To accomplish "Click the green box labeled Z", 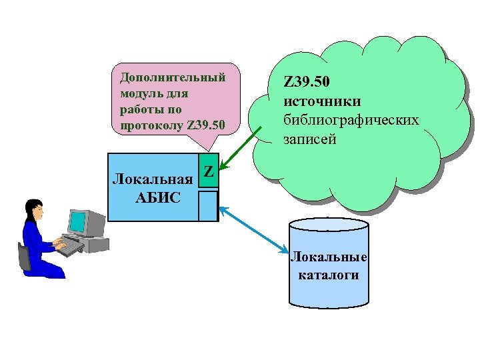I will (x=209, y=172).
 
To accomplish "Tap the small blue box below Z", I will (x=209, y=205).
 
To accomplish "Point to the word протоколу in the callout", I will (x=153, y=125).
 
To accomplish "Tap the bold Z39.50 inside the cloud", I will (x=307, y=83).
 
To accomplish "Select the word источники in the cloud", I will (x=322, y=102).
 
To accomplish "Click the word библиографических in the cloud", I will (x=351, y=121).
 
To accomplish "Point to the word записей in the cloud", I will (x=310, y=139).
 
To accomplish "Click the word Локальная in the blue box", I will (x=153, y=179).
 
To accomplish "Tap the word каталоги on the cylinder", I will (x=329, y=275).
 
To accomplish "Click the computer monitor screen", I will (x=79, y=221).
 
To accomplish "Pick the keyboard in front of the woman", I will (x=69, y=246).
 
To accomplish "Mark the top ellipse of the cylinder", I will (x=329, y=224).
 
